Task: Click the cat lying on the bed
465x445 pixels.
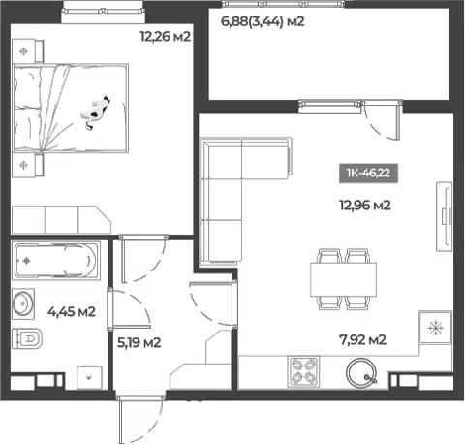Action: tap(96, 112)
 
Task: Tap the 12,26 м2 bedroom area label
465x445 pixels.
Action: tap(166, 36)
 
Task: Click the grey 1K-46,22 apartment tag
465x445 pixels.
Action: tap(368, 174)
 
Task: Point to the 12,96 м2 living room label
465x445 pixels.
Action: tap(365, 205)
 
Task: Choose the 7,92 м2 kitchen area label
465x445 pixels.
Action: tap(363, 339)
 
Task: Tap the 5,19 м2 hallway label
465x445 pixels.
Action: tap(139, 342)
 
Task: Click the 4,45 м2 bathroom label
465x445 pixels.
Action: tap(72, 312)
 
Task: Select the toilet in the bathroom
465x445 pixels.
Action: tap(27, 338)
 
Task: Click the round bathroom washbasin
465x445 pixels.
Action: tap(23, 303)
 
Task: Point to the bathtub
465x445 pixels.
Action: tap(56, 261)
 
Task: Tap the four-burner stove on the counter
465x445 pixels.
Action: tap(303, 371)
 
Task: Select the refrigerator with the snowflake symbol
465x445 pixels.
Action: tap(436, 328)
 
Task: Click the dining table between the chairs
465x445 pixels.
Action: tap(344, 279)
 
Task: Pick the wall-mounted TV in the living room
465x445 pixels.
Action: tap(445, 216)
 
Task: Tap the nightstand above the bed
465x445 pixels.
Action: tap(27, 50)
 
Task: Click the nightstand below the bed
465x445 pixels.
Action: tap(27, 165)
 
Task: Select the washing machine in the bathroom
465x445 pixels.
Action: tap(89, 377)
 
